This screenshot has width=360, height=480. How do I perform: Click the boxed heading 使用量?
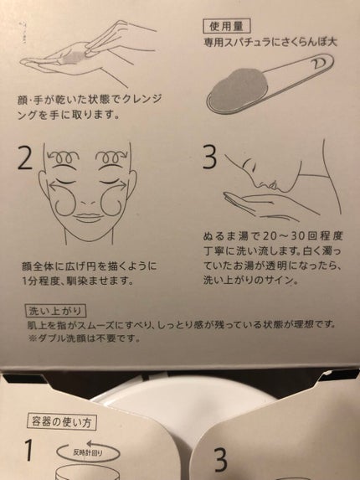click(227, 26)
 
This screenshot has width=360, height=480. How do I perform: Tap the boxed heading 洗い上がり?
click(55, 311)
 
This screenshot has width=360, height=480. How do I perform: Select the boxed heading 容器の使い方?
click(61, 422)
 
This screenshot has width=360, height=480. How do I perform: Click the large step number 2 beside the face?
click(25, 157)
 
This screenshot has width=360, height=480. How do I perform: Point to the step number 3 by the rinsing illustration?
click(209, 157)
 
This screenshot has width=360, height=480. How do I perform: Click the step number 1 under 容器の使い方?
click(28, 450)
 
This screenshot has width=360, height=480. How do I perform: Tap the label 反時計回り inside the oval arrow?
click(87, 452)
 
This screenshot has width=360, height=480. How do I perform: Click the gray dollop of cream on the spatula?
click(237, 89)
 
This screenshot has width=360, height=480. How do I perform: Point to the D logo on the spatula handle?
click(318, 64)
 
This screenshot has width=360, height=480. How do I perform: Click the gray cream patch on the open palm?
click(74, 58)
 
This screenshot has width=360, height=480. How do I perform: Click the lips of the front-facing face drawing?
click(88, 216)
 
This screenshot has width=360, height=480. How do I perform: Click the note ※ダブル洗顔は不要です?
click(84, 338)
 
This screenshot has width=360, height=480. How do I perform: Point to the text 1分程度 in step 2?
click(39, 281)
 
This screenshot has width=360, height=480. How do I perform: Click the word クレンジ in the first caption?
click(142, 99)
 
